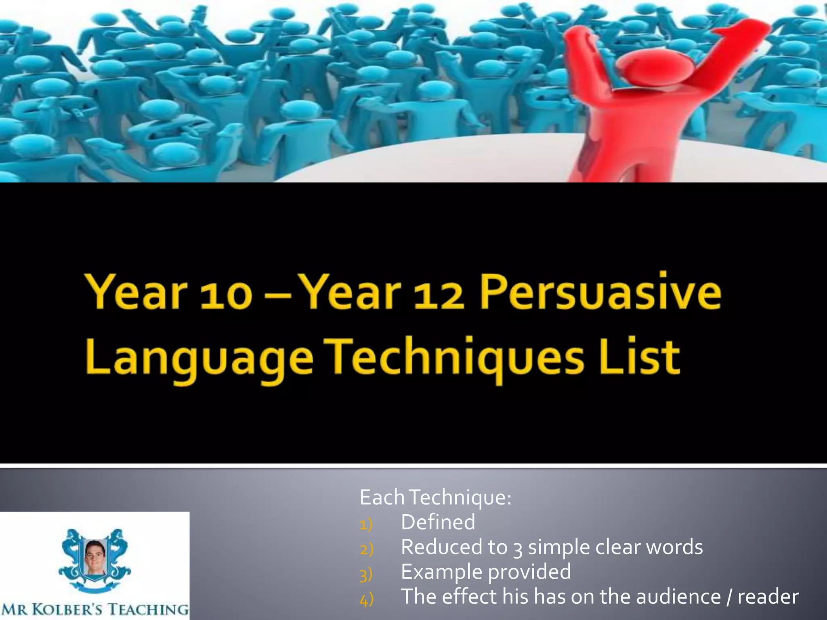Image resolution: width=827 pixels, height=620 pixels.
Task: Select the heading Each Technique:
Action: (435, 497)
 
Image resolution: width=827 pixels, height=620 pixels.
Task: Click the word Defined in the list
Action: (438, 522)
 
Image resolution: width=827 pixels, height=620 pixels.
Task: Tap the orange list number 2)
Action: (367, 549)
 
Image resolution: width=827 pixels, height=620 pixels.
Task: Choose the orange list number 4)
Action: (367, 599)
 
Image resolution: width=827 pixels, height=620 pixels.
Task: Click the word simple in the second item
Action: (559, 548)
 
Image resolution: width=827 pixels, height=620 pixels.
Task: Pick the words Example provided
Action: (486, 572)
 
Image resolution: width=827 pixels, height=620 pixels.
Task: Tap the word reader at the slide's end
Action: (768, 597)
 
